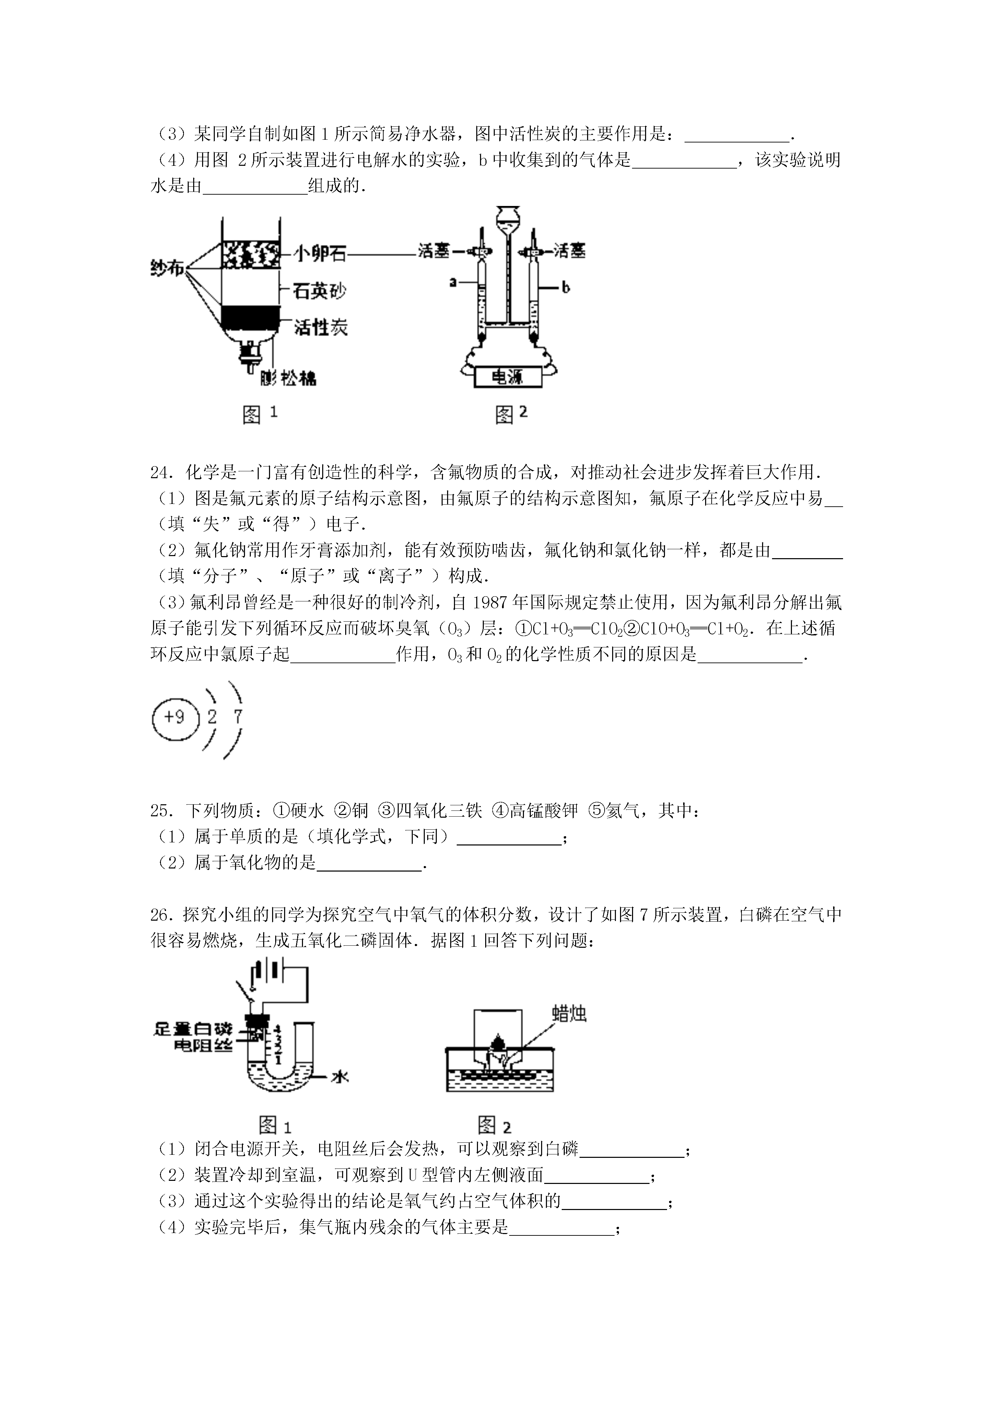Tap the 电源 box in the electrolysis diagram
508,377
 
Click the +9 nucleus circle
176,717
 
